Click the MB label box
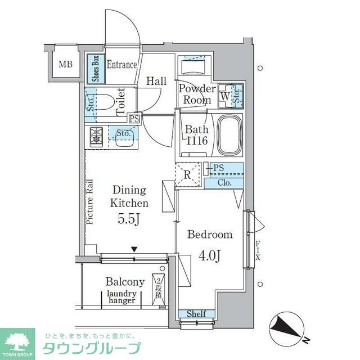tap(66, 65)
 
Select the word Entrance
tap(121, 65)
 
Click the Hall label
tap(156, 82)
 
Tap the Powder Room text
tap(197, 94)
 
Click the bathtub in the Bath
tap(228, 136)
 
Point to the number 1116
tap(197, 141)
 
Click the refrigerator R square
tap(188, 174)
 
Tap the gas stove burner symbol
tap(95, 136)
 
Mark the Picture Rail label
tap(90, 202)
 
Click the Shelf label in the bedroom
tap(196, 314)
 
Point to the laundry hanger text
tap(121, 296)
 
